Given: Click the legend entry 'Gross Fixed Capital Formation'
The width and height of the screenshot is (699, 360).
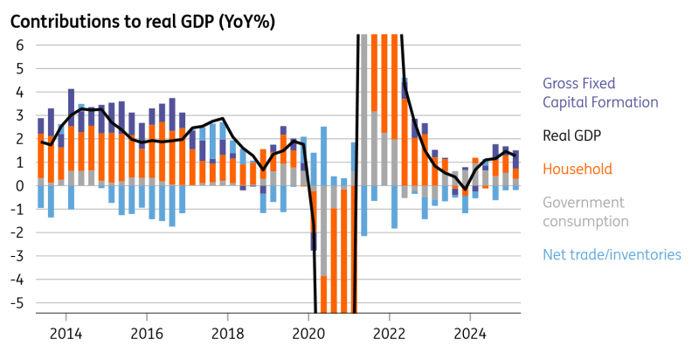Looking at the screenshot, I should (600, 93).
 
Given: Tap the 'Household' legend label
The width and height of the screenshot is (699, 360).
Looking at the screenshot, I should (578, 169).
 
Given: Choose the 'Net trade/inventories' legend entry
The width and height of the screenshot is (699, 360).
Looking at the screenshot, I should (612, 254).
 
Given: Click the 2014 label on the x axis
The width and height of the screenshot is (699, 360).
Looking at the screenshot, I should (66, 333).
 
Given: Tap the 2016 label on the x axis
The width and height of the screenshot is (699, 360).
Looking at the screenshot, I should (147, 333).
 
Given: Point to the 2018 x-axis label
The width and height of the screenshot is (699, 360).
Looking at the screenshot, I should (228, 333).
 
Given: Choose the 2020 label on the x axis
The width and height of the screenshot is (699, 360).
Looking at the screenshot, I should (308, 333).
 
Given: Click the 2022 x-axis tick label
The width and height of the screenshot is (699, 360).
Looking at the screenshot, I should (390, 333).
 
